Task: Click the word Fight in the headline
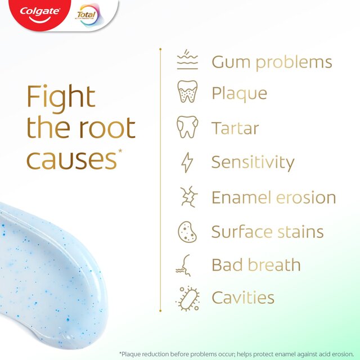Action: (60, 97)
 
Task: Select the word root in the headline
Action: (106, 128)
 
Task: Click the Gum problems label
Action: (272, 62)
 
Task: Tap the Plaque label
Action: (239, 93)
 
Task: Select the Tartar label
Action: (235, 128)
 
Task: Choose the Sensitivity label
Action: (253, 163)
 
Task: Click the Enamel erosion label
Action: (273, 197)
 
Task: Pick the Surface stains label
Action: (267, 231)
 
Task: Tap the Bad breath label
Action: (256, 265)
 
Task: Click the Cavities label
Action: (242, 298)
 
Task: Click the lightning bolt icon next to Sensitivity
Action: (187, 163)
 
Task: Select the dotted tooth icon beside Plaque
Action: (187, 92)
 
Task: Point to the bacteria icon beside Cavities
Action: (187, 298)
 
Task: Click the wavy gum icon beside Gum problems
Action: (187, 61)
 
